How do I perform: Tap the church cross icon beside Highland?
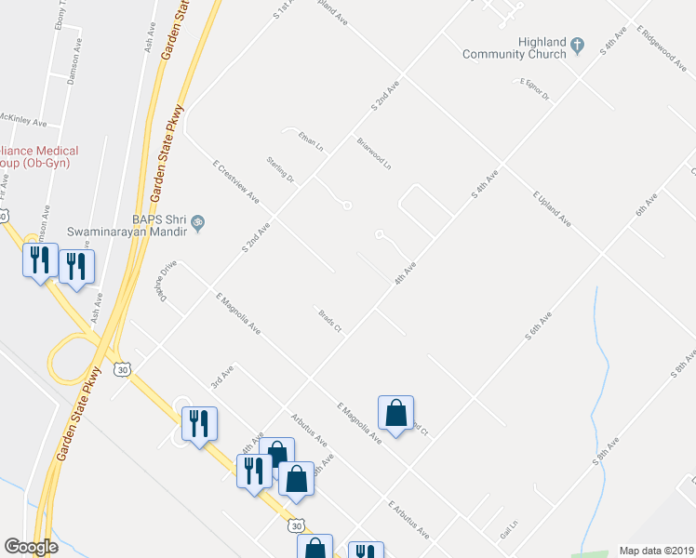578,43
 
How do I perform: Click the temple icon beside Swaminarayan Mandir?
197,223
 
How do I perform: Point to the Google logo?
30,547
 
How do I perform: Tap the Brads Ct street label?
330,322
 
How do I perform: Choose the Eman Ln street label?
310,141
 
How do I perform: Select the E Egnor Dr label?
535,89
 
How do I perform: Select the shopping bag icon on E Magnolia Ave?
395,412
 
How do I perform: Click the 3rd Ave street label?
221,376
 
